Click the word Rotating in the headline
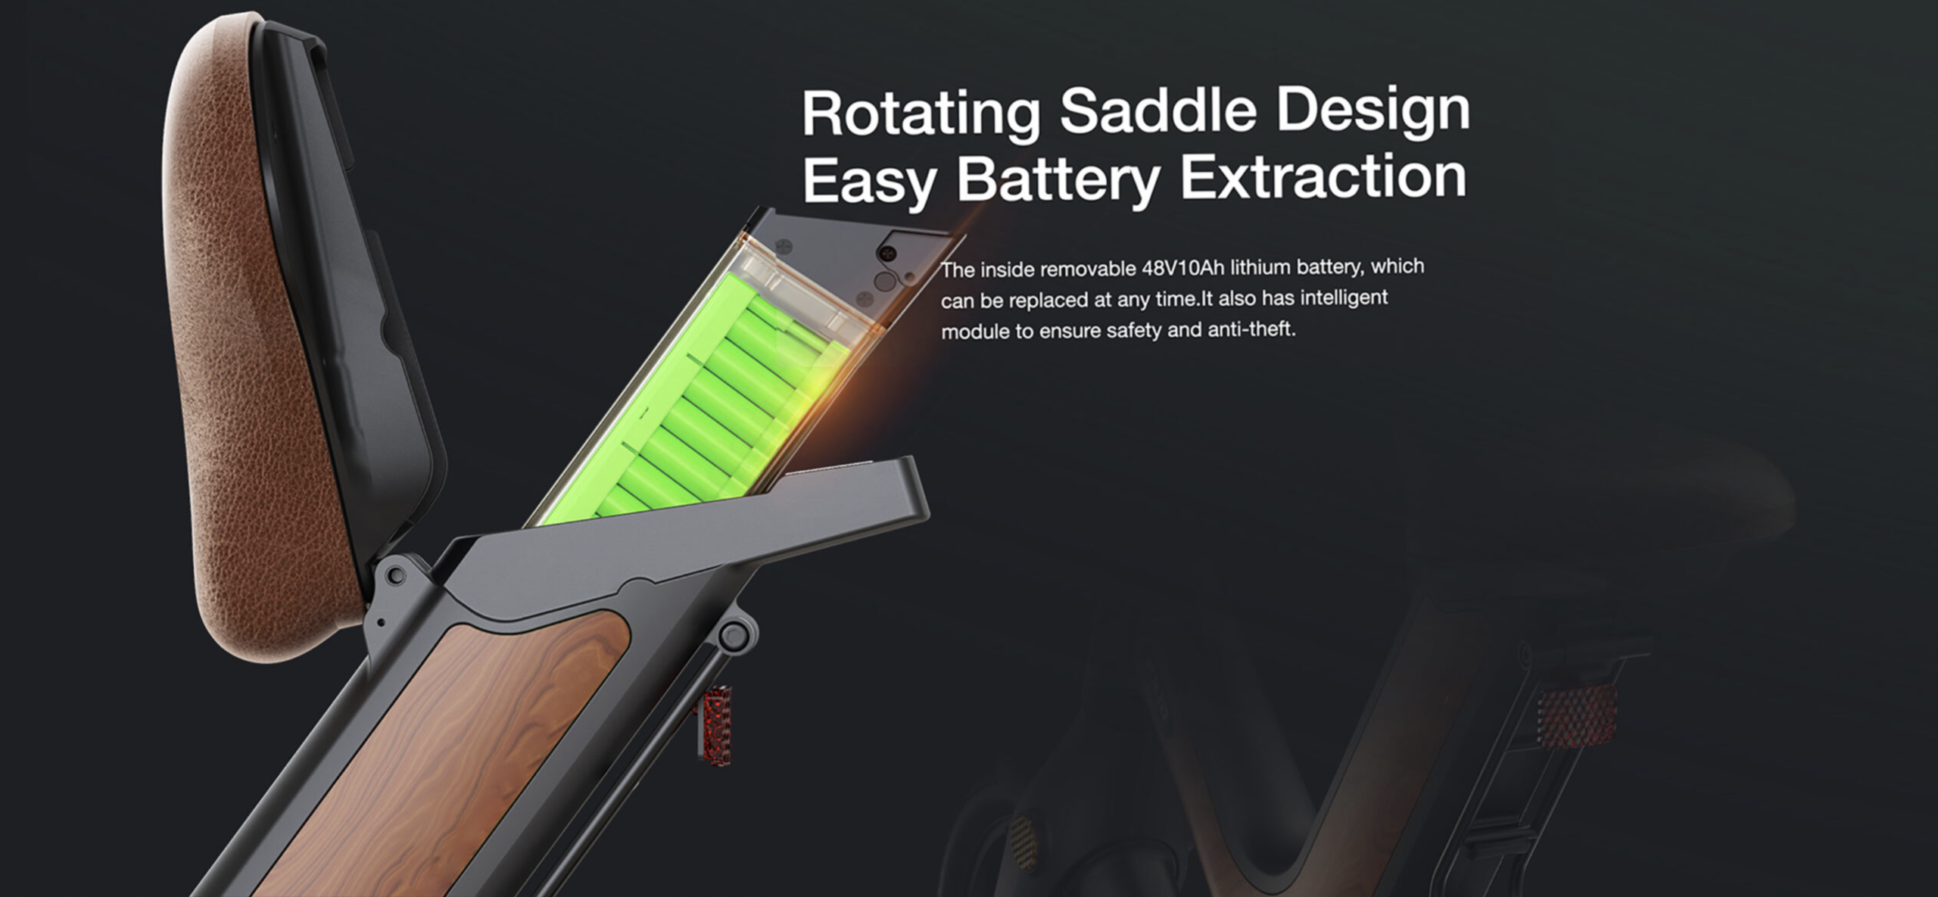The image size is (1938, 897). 922,114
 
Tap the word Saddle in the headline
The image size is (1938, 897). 1158,111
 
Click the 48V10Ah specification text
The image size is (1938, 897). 1182,269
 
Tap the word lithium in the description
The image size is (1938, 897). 1259,267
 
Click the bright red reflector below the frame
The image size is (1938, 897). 714,725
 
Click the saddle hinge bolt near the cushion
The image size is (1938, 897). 394,576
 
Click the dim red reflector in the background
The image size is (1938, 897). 1576,716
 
